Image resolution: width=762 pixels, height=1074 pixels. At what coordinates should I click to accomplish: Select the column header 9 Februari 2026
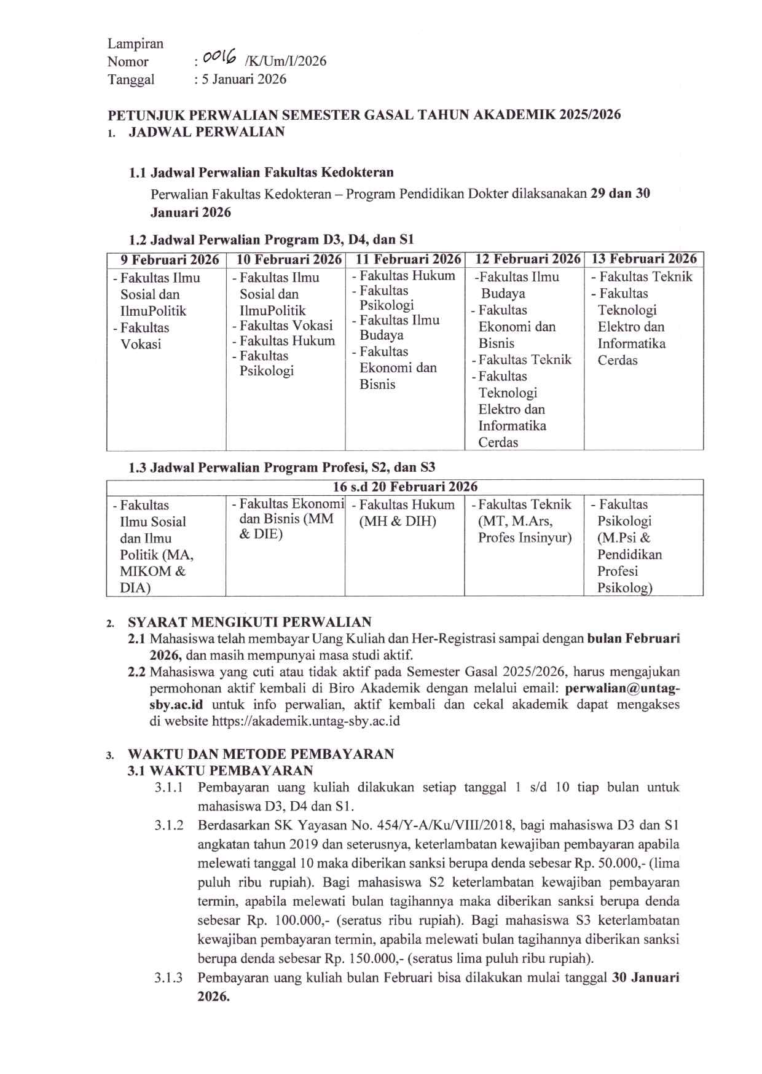tap(166, 260)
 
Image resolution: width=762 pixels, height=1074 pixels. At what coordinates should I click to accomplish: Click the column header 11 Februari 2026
tap(405, 260)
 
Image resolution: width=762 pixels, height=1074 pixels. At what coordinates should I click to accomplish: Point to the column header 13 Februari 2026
tap(643, 259)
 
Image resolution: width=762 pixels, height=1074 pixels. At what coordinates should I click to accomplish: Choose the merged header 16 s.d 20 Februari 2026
tap(405, 487)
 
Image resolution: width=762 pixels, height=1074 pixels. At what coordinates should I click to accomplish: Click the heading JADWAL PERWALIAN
tap(206, 132)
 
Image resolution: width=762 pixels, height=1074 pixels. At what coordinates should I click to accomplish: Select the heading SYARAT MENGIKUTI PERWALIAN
tap(249, 622)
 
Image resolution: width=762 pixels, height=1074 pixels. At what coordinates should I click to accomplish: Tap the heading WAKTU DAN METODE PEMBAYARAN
tap(261, 755)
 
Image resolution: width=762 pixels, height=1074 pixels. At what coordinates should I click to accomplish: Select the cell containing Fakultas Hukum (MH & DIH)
tap(404, 514)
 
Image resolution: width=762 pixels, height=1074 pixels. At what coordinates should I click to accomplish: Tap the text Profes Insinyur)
tap(525, 538)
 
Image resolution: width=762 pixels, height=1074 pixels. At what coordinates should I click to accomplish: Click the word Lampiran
tap(135, 44)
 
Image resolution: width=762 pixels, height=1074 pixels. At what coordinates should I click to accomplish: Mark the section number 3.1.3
tap(168, 978)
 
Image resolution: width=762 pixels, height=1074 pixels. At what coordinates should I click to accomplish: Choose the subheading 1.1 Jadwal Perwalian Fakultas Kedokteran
tap(261, 173)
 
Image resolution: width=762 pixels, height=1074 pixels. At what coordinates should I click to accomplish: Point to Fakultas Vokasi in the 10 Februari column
tap(286, 326)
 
